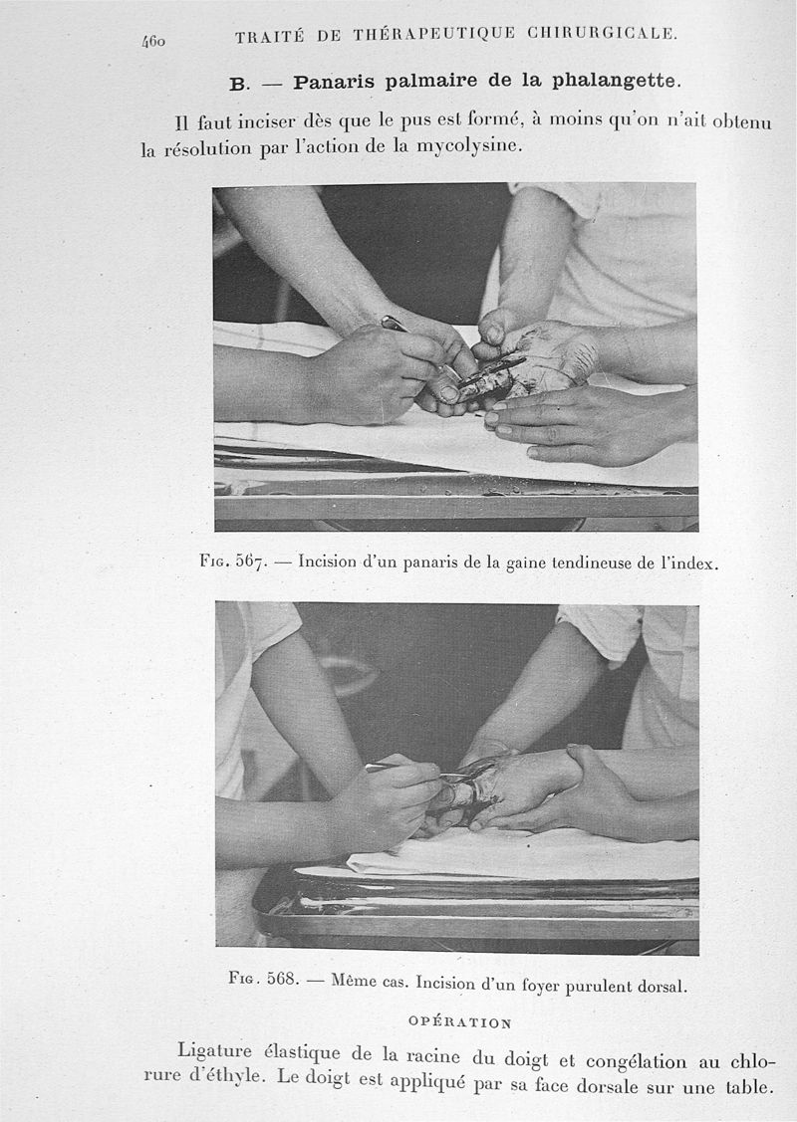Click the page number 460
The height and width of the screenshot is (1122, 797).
(x=153, y=42)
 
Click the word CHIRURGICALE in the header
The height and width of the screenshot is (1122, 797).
(x=602, y=33)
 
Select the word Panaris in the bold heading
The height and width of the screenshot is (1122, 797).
(x=334, y=83)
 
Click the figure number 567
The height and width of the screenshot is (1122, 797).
(x=251, y=561)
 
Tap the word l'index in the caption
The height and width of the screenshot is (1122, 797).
(x=688, y=563)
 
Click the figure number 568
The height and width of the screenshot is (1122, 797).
(x=281, y=979)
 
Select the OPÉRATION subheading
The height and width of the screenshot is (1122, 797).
(x=459, y=1022)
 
